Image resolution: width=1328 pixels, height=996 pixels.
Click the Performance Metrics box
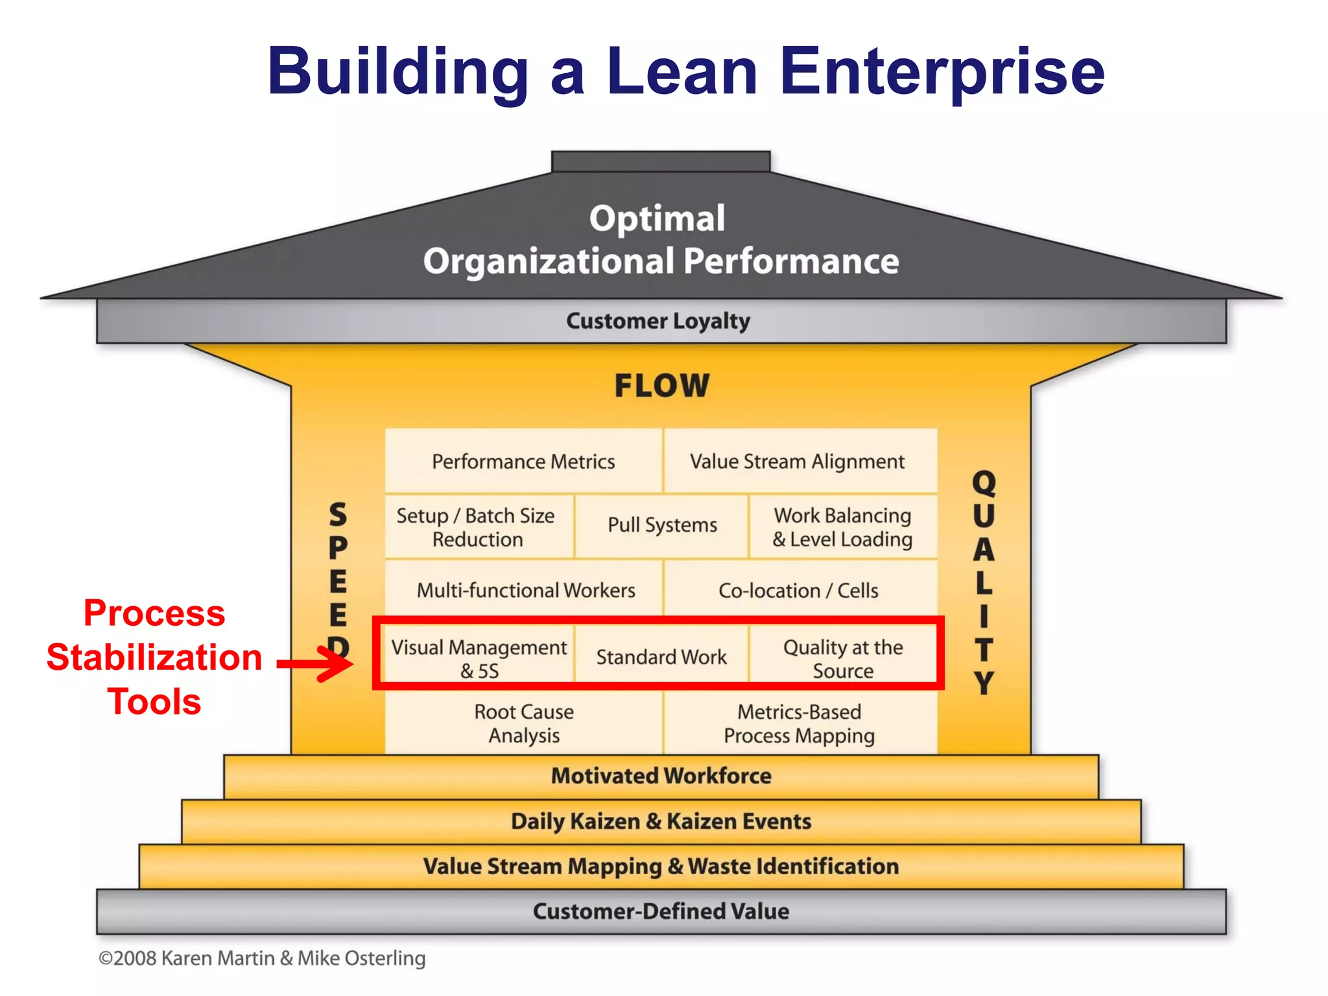pyautogui.click(x=523, y=461)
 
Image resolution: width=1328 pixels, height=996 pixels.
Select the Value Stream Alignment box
pyautogui.click(x=797, y=461)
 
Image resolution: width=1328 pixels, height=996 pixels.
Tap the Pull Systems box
pyautogui.click(x=662, y=525)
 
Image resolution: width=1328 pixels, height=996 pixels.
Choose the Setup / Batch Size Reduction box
pyautogui.click(x=477, y=527)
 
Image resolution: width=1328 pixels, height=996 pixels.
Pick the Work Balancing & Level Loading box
pyautogui.click(x=842, y=527)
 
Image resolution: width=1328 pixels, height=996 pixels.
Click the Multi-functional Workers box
pyautogui.click(x=525, y=590)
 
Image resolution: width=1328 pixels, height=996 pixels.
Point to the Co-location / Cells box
pyautogui.click(x=798, y=590)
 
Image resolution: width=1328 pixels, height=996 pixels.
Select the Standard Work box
pyautogui.click(x=661, y=656)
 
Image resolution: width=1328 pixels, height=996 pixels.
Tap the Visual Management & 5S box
pyautogui.click(x=479, y=658)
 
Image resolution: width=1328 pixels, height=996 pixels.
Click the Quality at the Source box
pyautogui.click(x=842, y=658)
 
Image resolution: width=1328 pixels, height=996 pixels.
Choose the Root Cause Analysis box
pyautogui.click(x=524, y=724)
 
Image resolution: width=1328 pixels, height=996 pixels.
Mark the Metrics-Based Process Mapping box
pyautogui.click(x=799, y=724)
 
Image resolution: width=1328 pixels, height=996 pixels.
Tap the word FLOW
pyautogui.click(x=662, y=386)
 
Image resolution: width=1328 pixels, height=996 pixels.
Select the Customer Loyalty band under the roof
pyautogui.click(x=658, y=321)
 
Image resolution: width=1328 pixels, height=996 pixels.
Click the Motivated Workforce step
pyautogui.click(x=661, y=776)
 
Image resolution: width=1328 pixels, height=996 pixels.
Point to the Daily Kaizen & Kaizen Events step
pyautogui.click(x=661, y=822)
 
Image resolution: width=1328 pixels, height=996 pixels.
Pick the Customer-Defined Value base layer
pyautogui.click(x=661, y=911)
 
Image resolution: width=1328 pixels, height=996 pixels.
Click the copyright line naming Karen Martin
pyautogui.click(x=262, y=958)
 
